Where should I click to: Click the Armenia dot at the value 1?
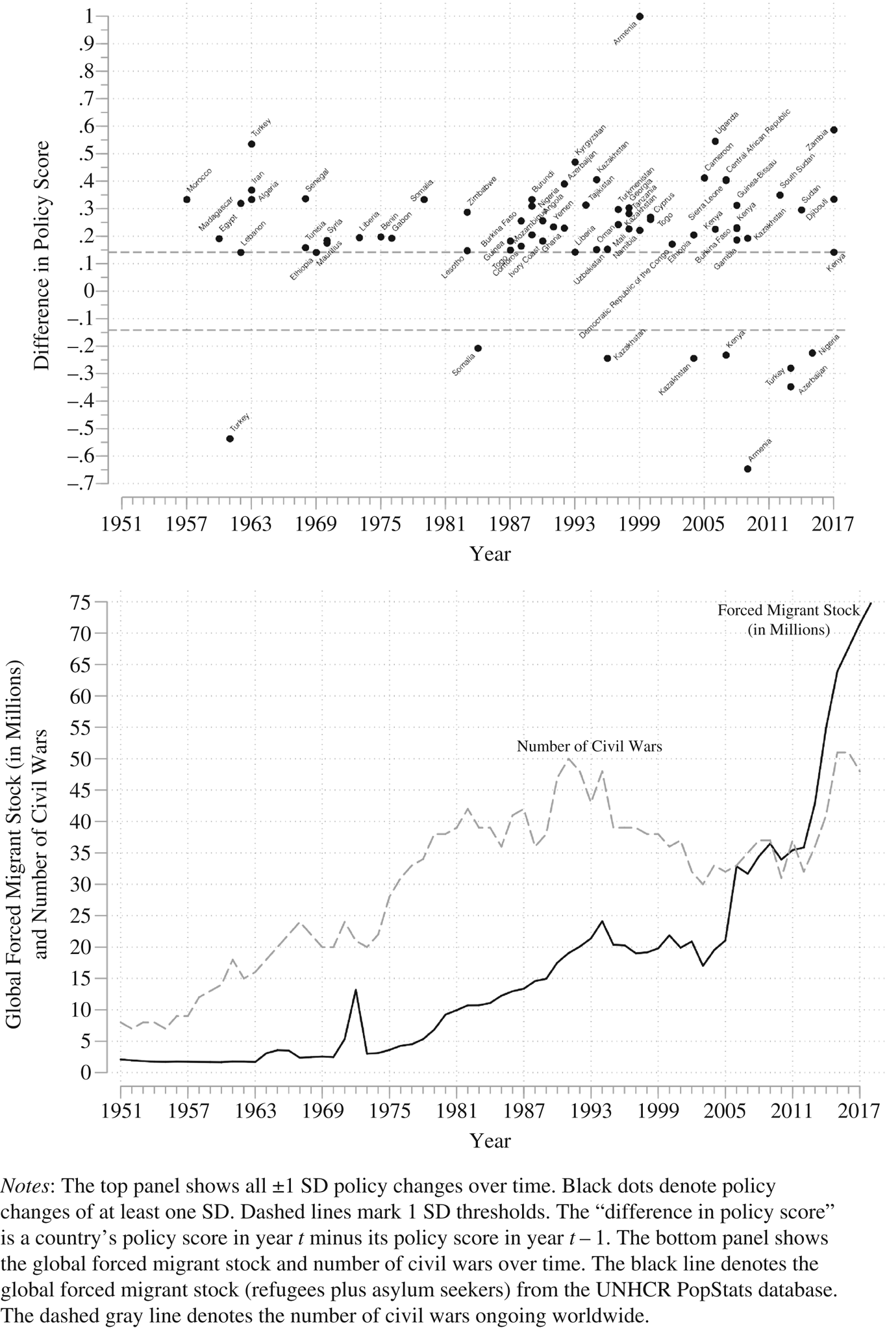pos(640,16)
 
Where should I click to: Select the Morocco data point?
pos(187,199)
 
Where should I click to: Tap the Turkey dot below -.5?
pos(230,439)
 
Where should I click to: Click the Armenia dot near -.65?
pos(747,469)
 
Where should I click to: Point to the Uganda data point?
pos(715,141)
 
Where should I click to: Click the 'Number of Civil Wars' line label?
pos(589,746)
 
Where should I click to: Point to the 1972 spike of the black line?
pos(356,990)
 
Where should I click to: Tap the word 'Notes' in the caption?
pos(23,1186)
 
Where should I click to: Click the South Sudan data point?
pos(780,195)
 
